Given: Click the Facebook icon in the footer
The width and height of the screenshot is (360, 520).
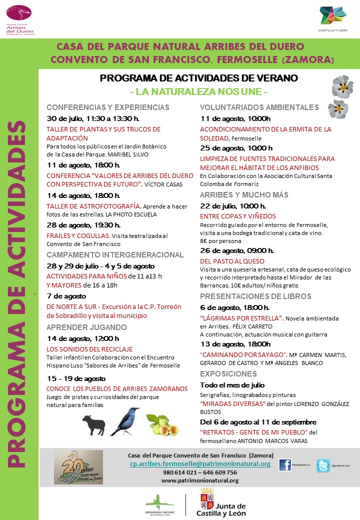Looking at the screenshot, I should point(285,465).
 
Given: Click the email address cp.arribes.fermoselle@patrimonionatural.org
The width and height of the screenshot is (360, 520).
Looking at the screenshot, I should point(200,464).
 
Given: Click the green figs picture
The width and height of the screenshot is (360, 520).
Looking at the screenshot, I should point(163,424).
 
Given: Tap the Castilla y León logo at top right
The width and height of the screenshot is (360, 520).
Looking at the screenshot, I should point(333,18).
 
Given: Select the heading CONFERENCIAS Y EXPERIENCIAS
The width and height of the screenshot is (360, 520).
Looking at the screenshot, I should point(108,107).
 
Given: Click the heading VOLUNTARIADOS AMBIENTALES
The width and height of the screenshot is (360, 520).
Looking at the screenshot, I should point(259,107).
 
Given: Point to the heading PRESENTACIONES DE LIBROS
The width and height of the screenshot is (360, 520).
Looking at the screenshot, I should point(256,296).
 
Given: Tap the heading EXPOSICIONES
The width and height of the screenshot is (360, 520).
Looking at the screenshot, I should point(228,374).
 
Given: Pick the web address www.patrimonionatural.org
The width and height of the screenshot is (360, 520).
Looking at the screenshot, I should point(200,480).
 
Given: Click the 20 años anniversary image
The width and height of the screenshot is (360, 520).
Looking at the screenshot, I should point(78,467).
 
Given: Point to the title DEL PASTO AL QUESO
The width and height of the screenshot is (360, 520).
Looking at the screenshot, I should point(232,261).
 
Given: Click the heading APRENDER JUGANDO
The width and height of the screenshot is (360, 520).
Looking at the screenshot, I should point(86,327).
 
